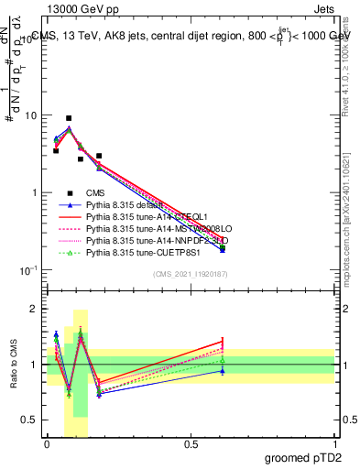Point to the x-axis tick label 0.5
pyautogui.click(x=191, y=443)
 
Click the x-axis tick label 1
pyautogui.click(x=333, y=443)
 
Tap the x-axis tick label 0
pyautogui.click(x=47, y=443)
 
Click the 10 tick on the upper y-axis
pyautogui.click(x=30, y=116)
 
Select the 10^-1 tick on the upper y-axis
pyautogui.click(x=27, y=270)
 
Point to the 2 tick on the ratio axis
pyautogui.click(x=36, y=309)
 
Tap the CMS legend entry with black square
pyautogui.click(x=96, y=192)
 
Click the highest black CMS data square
pyautogui.click(x=69, y=118)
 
